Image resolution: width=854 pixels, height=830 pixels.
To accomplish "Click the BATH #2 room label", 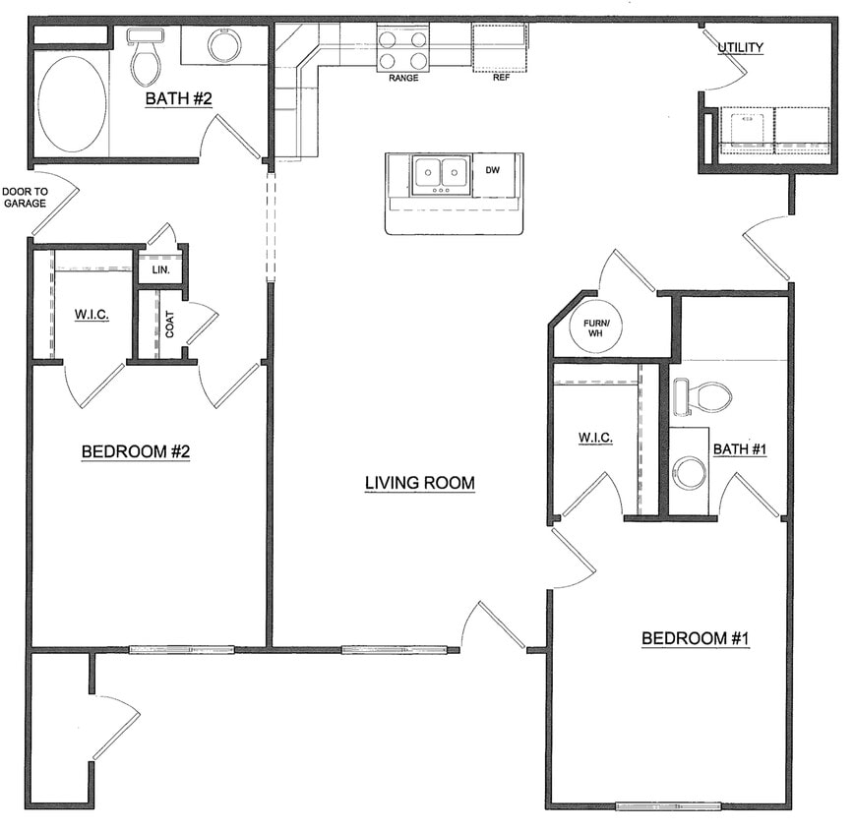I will tap(180, 98).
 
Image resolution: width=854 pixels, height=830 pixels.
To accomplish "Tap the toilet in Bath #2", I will tap(146, 61).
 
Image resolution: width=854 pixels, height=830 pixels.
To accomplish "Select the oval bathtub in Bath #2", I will tap(72, 103).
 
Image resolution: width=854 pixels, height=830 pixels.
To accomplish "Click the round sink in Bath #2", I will tap(224, 45).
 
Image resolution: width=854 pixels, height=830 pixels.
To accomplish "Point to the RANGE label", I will tap(403, 78).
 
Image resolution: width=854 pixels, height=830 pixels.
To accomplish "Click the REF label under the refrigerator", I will tap(500, 78).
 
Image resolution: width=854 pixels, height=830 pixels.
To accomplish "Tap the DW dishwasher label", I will tap(493, 170).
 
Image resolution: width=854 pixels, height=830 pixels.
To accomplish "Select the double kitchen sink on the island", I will tap(439, 174).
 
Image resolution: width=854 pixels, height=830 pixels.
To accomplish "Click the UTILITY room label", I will tap(740, 47).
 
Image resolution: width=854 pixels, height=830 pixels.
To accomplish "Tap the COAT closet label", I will tap(169, 326).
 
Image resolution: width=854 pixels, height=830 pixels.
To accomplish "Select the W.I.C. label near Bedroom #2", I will tap(91, 315).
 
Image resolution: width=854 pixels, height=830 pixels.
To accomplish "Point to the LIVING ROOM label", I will tap(420, 483).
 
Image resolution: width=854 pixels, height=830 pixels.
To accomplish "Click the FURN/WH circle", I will tap(596, 329).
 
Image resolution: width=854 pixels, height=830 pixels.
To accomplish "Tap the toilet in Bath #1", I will tap(702, 396).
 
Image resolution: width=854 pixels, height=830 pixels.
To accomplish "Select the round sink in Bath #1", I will tap(689, 472).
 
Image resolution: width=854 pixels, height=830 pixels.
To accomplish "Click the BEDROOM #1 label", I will tap(696, 638).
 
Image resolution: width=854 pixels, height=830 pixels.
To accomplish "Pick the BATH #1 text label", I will tap(740, 449).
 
